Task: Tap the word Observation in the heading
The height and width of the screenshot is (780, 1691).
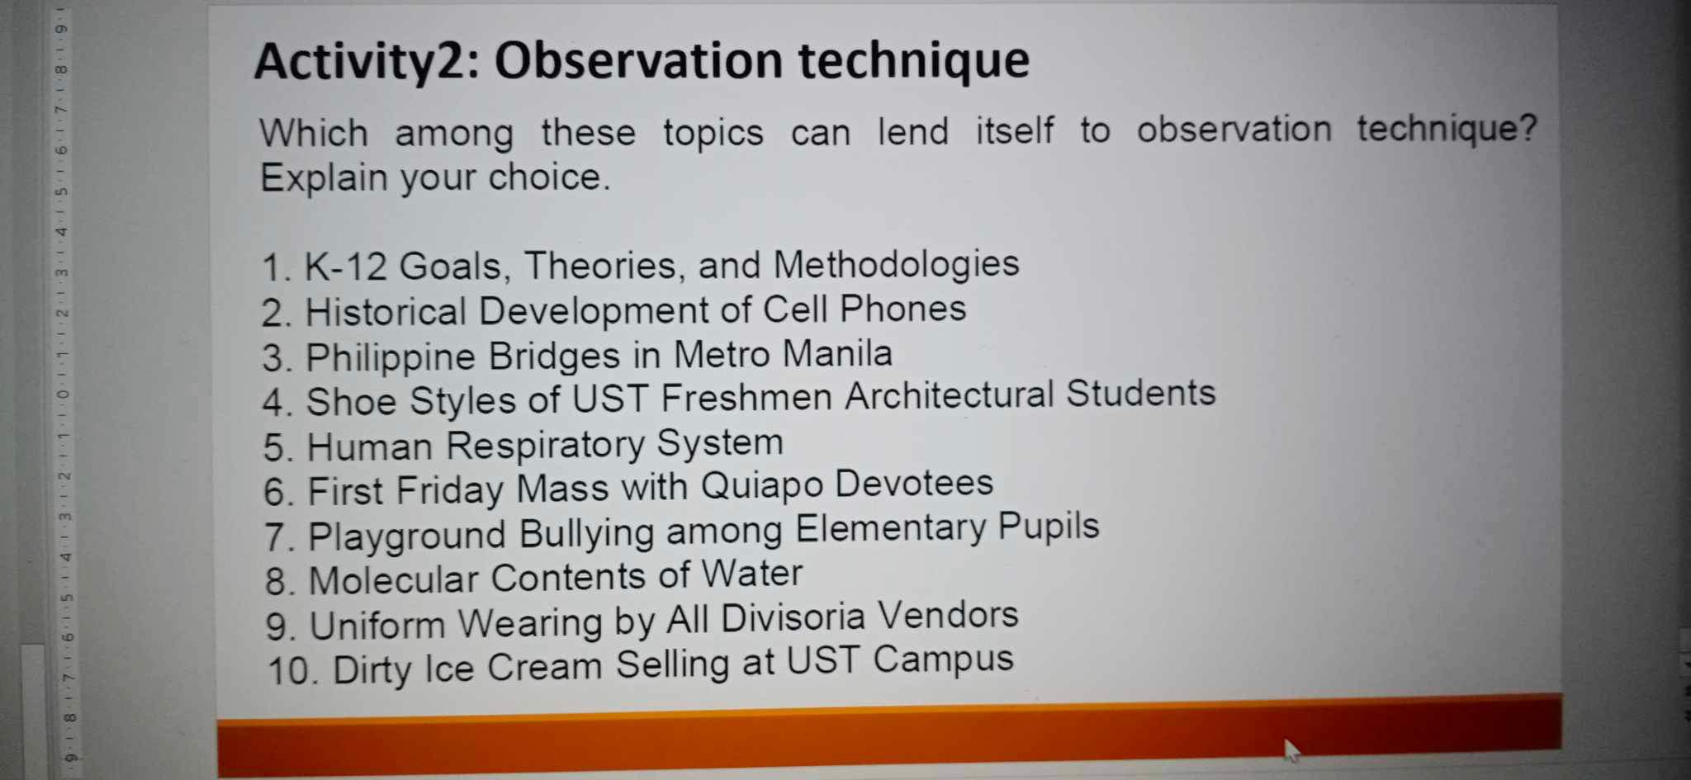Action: pyautogui.click(x=638, y=60)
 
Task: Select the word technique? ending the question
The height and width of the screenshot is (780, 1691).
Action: pyautogui.click(x=1447, y=130)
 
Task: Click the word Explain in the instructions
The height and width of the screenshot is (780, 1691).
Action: pyautogui.click(x=324, y=177)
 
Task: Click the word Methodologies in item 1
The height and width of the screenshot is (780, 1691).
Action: pyautogui.click(x=896, y=264)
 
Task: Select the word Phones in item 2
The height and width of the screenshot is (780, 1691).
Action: pyautogui.click(x=902, y=309)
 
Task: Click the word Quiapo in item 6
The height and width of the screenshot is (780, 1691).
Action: pyautogui.click(x=762, y=485)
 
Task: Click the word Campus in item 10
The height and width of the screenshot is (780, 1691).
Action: pyautogui.click(x=943, y=659)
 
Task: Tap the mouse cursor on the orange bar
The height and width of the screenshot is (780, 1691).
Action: pyautogui.click(x=1290, y=748)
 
